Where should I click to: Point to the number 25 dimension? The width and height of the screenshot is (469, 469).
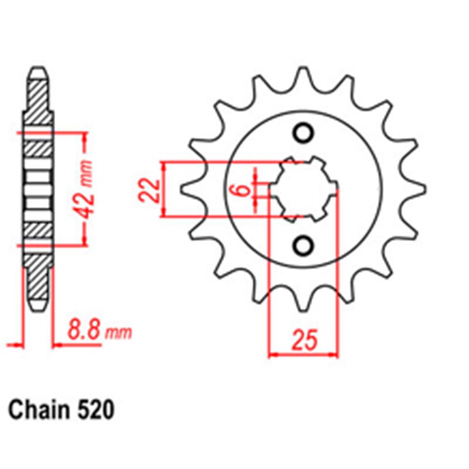tap(303, 341)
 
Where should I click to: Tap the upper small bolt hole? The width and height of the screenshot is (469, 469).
tap(303, 133)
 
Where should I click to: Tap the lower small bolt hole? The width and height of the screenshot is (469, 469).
tap(303, 245)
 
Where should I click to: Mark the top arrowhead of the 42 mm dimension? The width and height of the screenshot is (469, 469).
tap(85, 136)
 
